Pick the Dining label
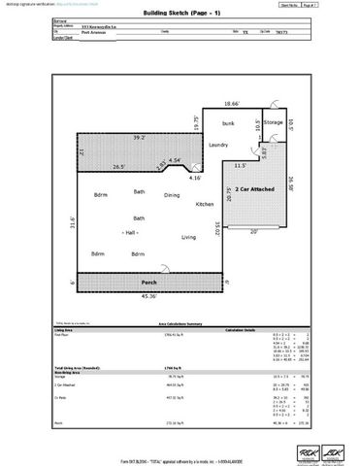tap(172, 195)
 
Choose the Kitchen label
tap(205, 205)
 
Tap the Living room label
tap(189, 236)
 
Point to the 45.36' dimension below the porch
tap(150, 296)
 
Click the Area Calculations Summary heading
tap(180, 323)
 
